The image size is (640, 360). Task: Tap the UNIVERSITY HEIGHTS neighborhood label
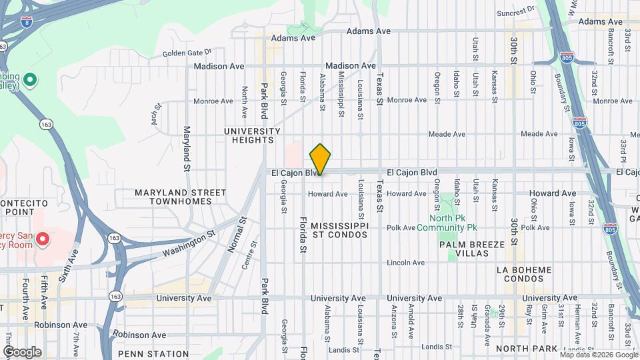click(x=253, y=135)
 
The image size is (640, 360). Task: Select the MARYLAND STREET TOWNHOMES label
click(x=180, y=197)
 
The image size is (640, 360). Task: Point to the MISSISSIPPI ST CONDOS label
click(x=339, y=230)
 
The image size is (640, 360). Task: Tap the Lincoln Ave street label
click(x=406, y=263)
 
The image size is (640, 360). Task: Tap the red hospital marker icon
click(x=42, y=238)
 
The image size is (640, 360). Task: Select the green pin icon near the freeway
click(x=29, y=81)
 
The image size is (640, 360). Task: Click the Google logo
click(x=22, y=351)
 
